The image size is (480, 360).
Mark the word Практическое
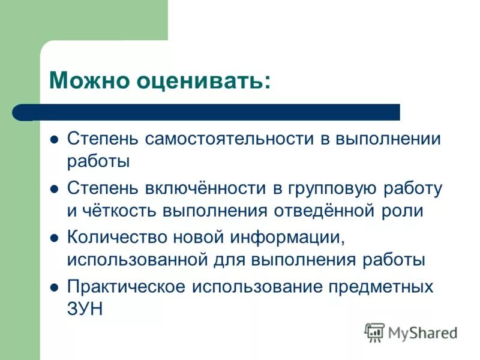pos(125,286)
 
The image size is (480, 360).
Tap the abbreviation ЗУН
pos(85,308)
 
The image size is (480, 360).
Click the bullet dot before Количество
pos(55,238)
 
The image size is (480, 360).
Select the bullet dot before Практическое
pos(55,287)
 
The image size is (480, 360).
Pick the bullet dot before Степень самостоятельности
pos(55,140)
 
